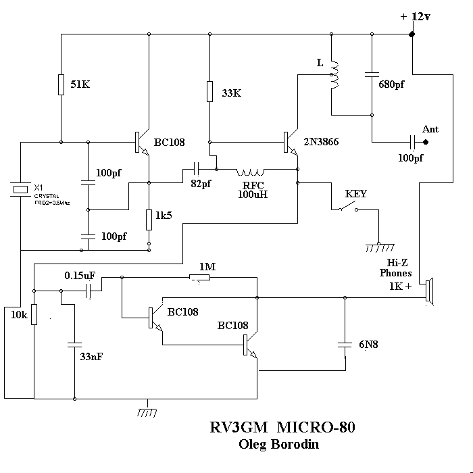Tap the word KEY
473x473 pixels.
(356, 193)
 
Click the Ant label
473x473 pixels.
(430, 128)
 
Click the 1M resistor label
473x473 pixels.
(207, 267)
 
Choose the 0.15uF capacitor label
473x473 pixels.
(80, 276)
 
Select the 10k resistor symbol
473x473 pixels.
(34, 314)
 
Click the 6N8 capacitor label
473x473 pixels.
(368, 345)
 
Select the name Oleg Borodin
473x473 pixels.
(278, 445)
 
